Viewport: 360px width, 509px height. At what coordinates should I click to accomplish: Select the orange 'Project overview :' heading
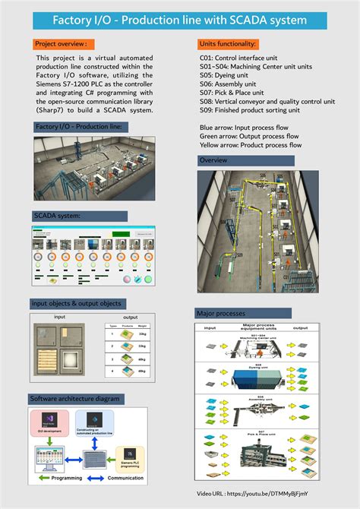tap(64, 45)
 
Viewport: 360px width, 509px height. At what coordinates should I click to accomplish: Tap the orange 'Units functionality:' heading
tap(227, 45)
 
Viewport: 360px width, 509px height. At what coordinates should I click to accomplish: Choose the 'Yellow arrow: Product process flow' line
tap(249, 144)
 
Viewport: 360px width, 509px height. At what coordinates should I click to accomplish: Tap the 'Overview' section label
tap(213, 160)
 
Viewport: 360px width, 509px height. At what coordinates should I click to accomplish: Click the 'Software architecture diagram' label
tap(74, 399)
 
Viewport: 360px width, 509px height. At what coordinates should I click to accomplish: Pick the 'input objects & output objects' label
tap(76, 303)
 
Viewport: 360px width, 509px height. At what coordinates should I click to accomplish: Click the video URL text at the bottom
tap(257, 494)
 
